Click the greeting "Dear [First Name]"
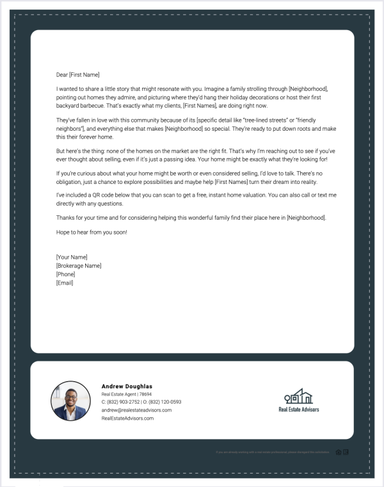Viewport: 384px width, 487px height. tap(78, 74)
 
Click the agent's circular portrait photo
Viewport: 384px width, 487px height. tap(70, 400)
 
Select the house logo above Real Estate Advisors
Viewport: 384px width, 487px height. tap(298, 396)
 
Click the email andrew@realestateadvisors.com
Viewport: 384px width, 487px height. tap(136, 410)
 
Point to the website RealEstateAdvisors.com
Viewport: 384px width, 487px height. tap(127, 418)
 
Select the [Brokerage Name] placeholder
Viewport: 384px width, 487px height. tap(79, 265)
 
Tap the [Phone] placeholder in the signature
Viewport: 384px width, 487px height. tap(65, 274)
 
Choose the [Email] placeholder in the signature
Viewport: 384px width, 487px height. tap(65, 282)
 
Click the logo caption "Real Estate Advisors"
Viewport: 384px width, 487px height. tap(298, 409)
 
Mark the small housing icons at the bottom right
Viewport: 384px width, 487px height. tap(342, 452)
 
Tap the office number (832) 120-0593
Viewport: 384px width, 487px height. tap(165, 402)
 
